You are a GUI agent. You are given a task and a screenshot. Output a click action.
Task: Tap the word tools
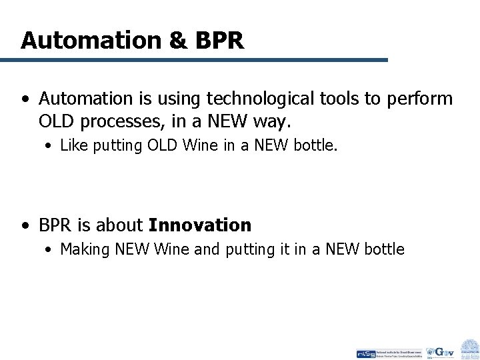point(333,99)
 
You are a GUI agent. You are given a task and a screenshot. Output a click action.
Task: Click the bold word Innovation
point(200,225)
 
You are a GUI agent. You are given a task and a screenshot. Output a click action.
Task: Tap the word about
point(123,225)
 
